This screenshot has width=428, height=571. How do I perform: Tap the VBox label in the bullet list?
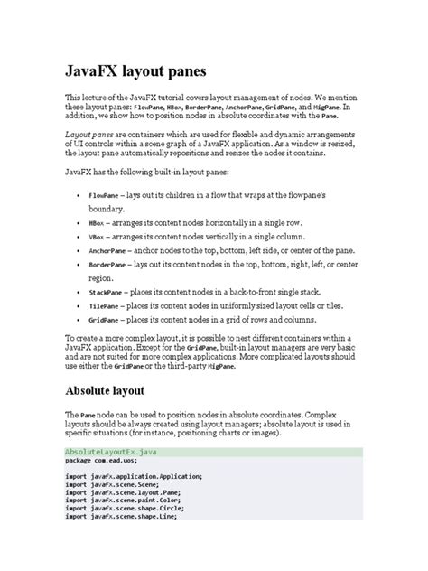point(97,236)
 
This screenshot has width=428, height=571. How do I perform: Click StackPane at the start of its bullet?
point(104,292)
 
